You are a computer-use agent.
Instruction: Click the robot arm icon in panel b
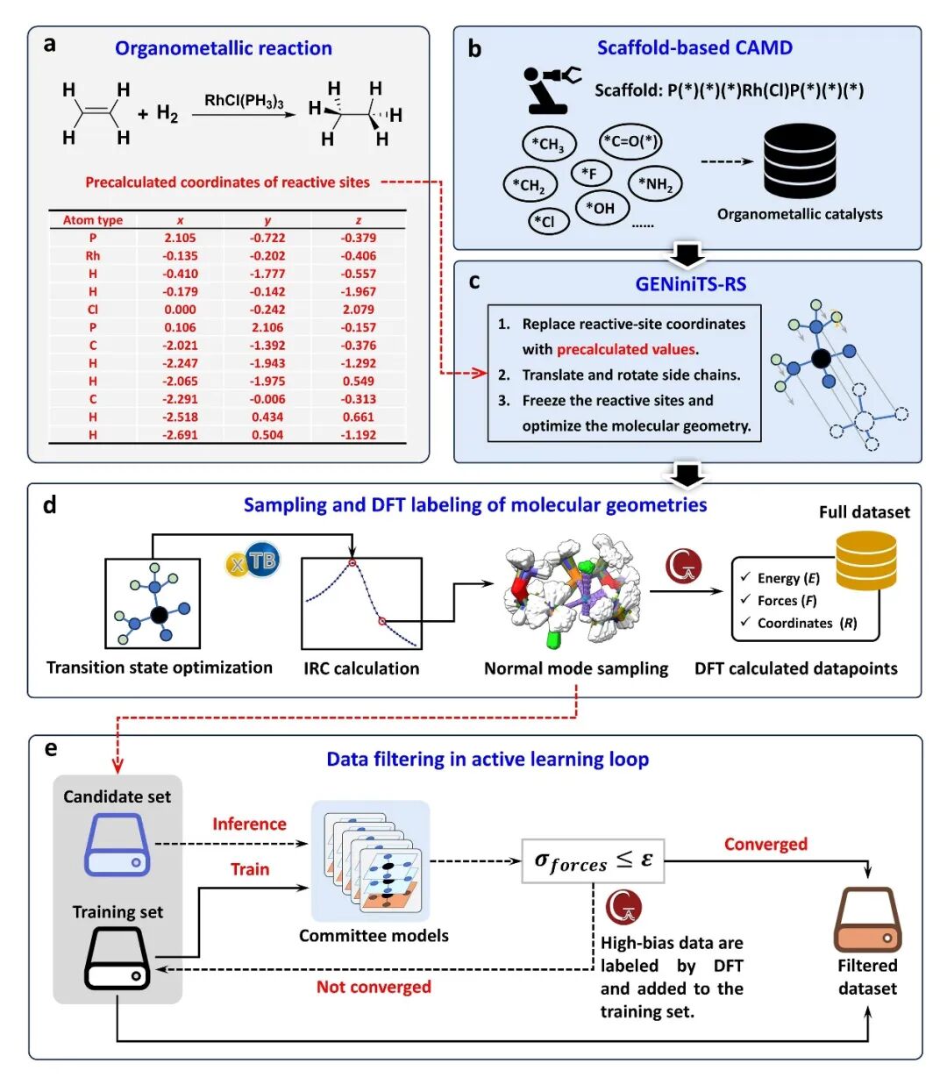coord(551,89)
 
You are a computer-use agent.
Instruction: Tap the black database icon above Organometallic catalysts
coord(799,161)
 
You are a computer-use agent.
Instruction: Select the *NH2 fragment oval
coord(655,183)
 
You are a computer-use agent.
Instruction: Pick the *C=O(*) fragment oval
coord(630,141)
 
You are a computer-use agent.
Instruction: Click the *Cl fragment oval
coord(548,221)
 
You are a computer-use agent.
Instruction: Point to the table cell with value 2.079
coord(358,310)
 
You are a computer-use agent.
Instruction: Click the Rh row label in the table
coord(93,256)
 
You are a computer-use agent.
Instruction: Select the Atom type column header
coord(93,220)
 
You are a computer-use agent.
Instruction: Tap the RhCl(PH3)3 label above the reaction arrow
coord(244,101)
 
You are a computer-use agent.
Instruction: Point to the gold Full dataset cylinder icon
coord(865,560)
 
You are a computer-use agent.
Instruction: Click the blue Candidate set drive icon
coord(117,846)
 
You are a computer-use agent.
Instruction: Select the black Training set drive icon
coord(117,959)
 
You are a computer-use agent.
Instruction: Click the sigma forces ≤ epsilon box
coord(593,860)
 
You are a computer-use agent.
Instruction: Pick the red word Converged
coord(765,844)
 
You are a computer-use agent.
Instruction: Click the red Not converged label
coord(374,987)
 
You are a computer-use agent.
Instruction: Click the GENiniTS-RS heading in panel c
coord(691,284)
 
